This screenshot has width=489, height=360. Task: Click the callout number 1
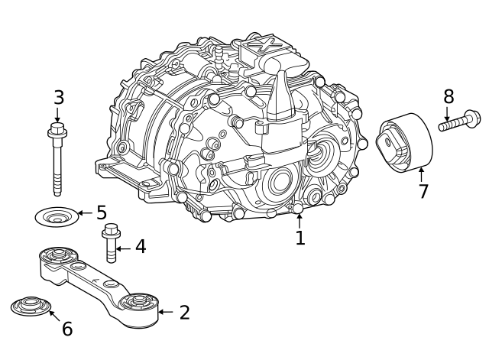(300, 238)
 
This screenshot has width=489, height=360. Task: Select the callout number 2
(184, 312)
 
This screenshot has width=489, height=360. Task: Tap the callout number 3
(59, 98)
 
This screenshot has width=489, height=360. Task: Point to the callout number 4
(140, 247)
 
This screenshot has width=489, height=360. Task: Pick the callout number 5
(101, 212)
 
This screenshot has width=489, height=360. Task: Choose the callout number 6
(67, 329)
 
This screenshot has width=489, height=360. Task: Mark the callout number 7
(423, 191)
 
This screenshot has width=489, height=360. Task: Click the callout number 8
(449, 96)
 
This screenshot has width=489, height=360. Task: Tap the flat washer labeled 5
(57, 216)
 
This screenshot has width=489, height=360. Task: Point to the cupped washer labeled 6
(31, 307)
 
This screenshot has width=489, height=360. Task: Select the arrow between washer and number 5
(84, 213)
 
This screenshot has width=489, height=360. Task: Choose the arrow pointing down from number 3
(57, 115)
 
